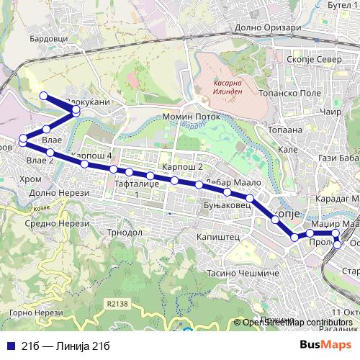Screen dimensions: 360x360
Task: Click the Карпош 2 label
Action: point(182,167)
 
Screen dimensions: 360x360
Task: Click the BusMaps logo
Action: point(326,345)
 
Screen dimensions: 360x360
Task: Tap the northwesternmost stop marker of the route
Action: point(43,96)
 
